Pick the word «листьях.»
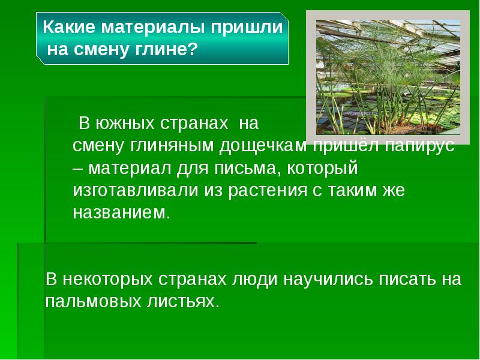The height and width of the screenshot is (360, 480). (x=184, y=301)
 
